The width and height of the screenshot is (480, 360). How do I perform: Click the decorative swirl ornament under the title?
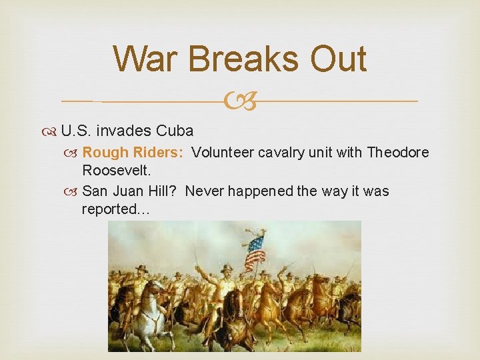pos(239,101)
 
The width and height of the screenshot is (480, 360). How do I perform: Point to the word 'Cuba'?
pos(175,131)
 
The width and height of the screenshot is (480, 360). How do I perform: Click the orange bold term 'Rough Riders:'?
pos(133,153)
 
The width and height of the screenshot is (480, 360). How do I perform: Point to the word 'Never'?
pos(204,191)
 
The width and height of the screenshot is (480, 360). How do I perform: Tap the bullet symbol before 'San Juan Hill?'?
pos(73,192)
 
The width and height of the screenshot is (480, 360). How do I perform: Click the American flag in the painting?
pos(255,251)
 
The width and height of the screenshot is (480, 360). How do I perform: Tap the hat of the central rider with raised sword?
pos(227,268)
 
